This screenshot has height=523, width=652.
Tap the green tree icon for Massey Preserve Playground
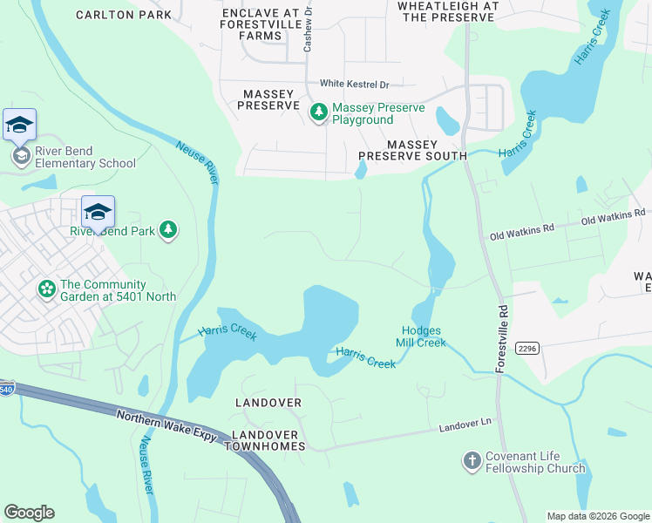(319, 112)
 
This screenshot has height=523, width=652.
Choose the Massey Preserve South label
(413, 149)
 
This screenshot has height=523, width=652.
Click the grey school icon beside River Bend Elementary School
(20, 156)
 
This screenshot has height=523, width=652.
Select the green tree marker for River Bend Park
(168, 230)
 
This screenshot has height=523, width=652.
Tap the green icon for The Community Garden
(45, 288)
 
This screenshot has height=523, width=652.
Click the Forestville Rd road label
(501, 338)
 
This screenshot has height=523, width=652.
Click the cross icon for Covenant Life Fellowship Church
(472, 460)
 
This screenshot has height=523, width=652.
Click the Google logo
(29, 513)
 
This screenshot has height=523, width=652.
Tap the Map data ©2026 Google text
(597, 516)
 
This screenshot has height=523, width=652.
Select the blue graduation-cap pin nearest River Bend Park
(98, 210)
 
